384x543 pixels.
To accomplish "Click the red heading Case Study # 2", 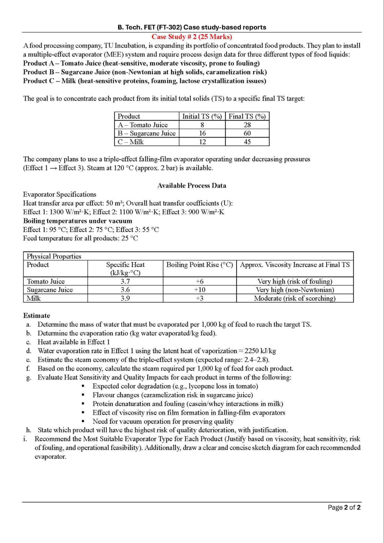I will pos(192,37).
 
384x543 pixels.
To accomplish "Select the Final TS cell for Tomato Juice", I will pos(247,125).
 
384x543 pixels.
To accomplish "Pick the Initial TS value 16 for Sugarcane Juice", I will pos(202,133).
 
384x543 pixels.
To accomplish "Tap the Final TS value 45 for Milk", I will pos(247,142).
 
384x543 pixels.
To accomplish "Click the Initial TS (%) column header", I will pos(202,116).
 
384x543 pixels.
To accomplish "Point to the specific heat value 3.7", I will pos(125,281).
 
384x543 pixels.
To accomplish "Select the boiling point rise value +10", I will pos(199,290).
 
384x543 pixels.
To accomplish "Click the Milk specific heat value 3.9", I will pos(125,298).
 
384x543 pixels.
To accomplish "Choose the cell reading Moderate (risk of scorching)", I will pos(295,298).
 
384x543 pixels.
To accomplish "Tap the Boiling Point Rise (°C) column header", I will pos(199,265).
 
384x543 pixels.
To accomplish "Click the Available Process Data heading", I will pos(192,185).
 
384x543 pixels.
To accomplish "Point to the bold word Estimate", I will pos(36,316).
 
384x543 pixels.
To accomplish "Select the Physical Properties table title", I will pos(54,256).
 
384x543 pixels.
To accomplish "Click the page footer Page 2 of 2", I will pos(344,507).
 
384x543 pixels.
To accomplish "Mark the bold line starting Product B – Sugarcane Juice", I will pos(145,72).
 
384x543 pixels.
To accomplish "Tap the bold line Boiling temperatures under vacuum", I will pos(78,221).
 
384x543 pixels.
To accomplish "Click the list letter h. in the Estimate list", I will pos(28,430).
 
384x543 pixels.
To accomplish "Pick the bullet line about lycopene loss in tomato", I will pos(175,386).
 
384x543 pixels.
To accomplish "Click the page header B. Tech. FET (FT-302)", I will pos(192,27).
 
